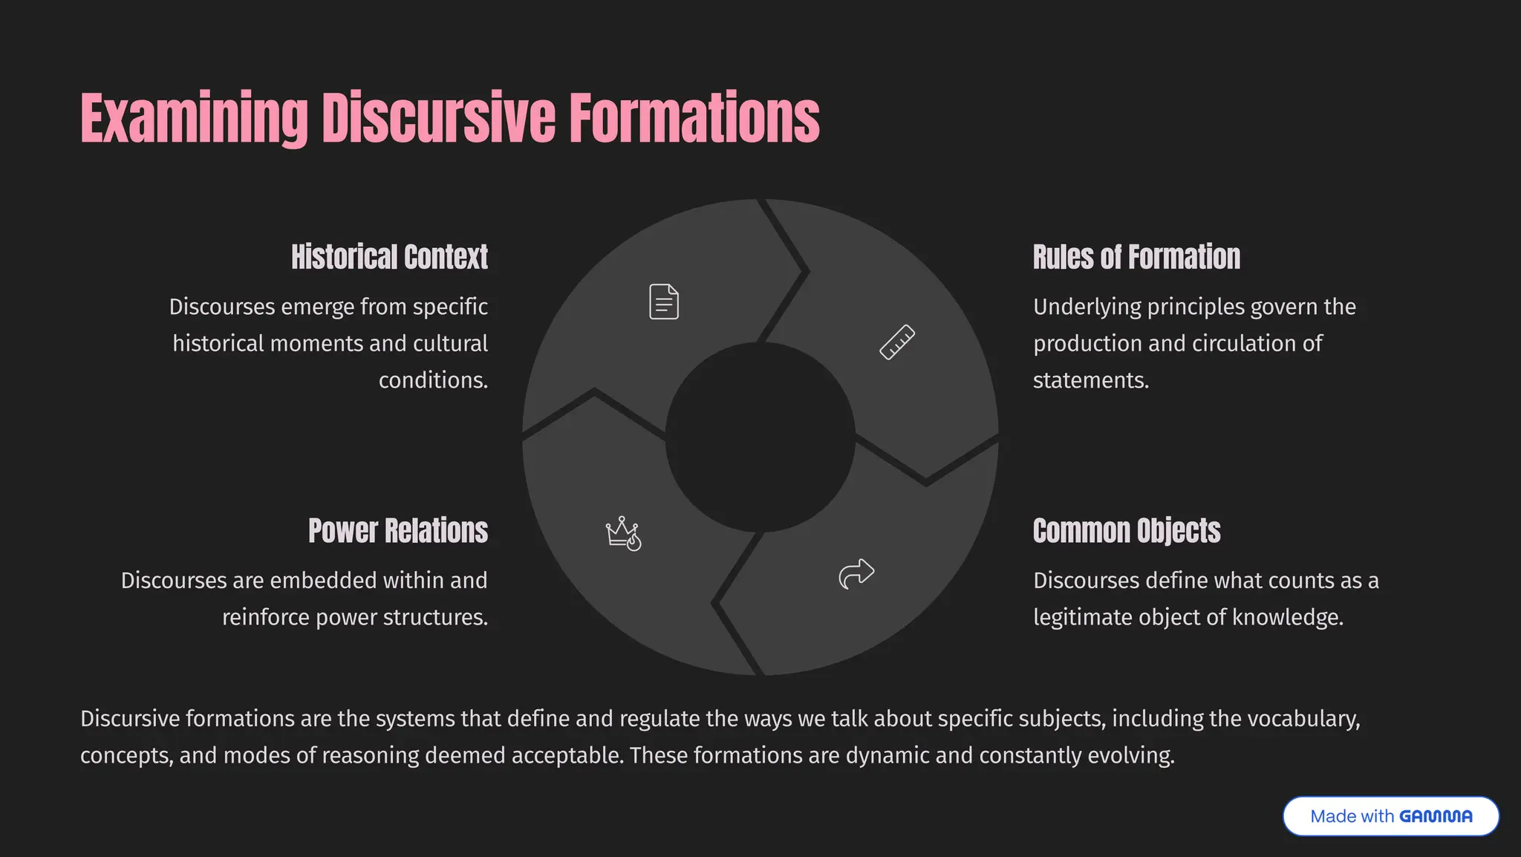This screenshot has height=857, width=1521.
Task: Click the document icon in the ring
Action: [x=664, y=302]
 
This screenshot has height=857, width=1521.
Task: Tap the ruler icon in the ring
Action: [x=897, y=342]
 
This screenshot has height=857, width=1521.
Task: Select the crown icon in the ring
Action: [x=623, y=533]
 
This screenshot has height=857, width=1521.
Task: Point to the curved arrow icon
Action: [x=856, y=573]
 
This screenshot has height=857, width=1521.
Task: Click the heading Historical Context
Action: [x=389, y=257]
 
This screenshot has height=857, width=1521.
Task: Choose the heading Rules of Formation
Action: [x=1136, y=257]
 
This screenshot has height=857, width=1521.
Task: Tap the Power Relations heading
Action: [x=398, y=531]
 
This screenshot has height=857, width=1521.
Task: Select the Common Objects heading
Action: [x=1127, y=531]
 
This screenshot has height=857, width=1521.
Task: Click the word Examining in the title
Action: [x=194, y=119]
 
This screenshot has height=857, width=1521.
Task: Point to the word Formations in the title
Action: [x=694, y=119]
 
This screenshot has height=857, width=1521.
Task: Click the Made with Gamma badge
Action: [x=1390, y=816]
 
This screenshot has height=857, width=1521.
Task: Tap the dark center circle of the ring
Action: [x=760, y=437]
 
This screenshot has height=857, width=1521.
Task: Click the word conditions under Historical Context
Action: [x=433, y=380]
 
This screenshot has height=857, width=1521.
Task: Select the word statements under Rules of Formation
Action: [x=1091, y=380]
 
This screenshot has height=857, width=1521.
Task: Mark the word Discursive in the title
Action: [x=438, y=119]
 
